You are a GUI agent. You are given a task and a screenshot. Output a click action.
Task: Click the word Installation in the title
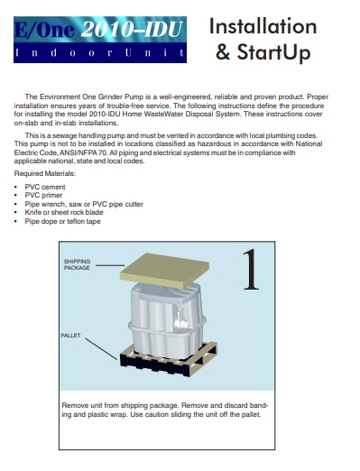pos(263,26)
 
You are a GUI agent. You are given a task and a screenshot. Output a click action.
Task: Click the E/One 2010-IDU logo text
pos(98,29)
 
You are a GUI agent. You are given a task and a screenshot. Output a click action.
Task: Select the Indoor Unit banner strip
pos(100,52)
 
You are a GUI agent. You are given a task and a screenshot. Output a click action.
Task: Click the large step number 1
pos(251,270)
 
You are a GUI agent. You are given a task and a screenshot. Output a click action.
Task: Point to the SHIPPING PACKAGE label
pos(77,264)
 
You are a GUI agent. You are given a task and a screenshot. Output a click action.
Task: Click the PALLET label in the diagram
pos(70,336)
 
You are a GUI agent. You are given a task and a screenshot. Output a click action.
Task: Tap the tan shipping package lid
pos(164,270)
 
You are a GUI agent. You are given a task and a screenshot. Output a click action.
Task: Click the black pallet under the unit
pos(169,359)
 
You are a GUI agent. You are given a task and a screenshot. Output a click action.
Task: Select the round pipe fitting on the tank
pos(181,324)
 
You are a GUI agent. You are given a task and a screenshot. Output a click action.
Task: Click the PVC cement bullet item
pos(45,187)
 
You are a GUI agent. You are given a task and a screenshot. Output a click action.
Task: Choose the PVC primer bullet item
pos(43,195)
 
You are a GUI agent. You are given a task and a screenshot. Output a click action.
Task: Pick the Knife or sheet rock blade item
pos(64,212)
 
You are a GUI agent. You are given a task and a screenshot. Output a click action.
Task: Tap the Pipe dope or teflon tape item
pos(62,221)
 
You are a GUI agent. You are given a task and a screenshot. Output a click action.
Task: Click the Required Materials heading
pos(45,173)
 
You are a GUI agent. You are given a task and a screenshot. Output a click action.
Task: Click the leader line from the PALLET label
pos(101,349)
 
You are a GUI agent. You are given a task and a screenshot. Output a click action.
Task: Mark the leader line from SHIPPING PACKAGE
pos(110,265)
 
